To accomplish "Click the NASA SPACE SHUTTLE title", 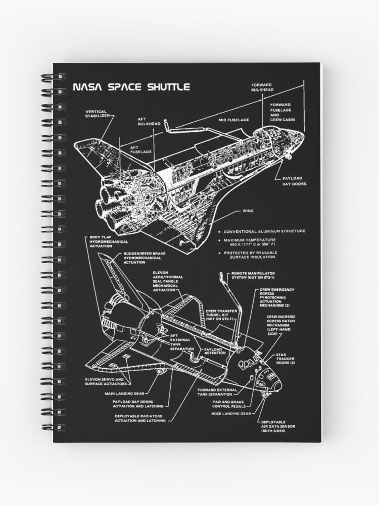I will click(131, 87).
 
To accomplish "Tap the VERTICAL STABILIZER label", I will click(97, 114).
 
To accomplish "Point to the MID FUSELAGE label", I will click(233, 120).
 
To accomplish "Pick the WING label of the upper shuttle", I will click(248, 211).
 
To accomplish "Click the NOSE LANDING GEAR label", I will click(231, 413).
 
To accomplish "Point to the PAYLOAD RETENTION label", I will click(217, 349).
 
